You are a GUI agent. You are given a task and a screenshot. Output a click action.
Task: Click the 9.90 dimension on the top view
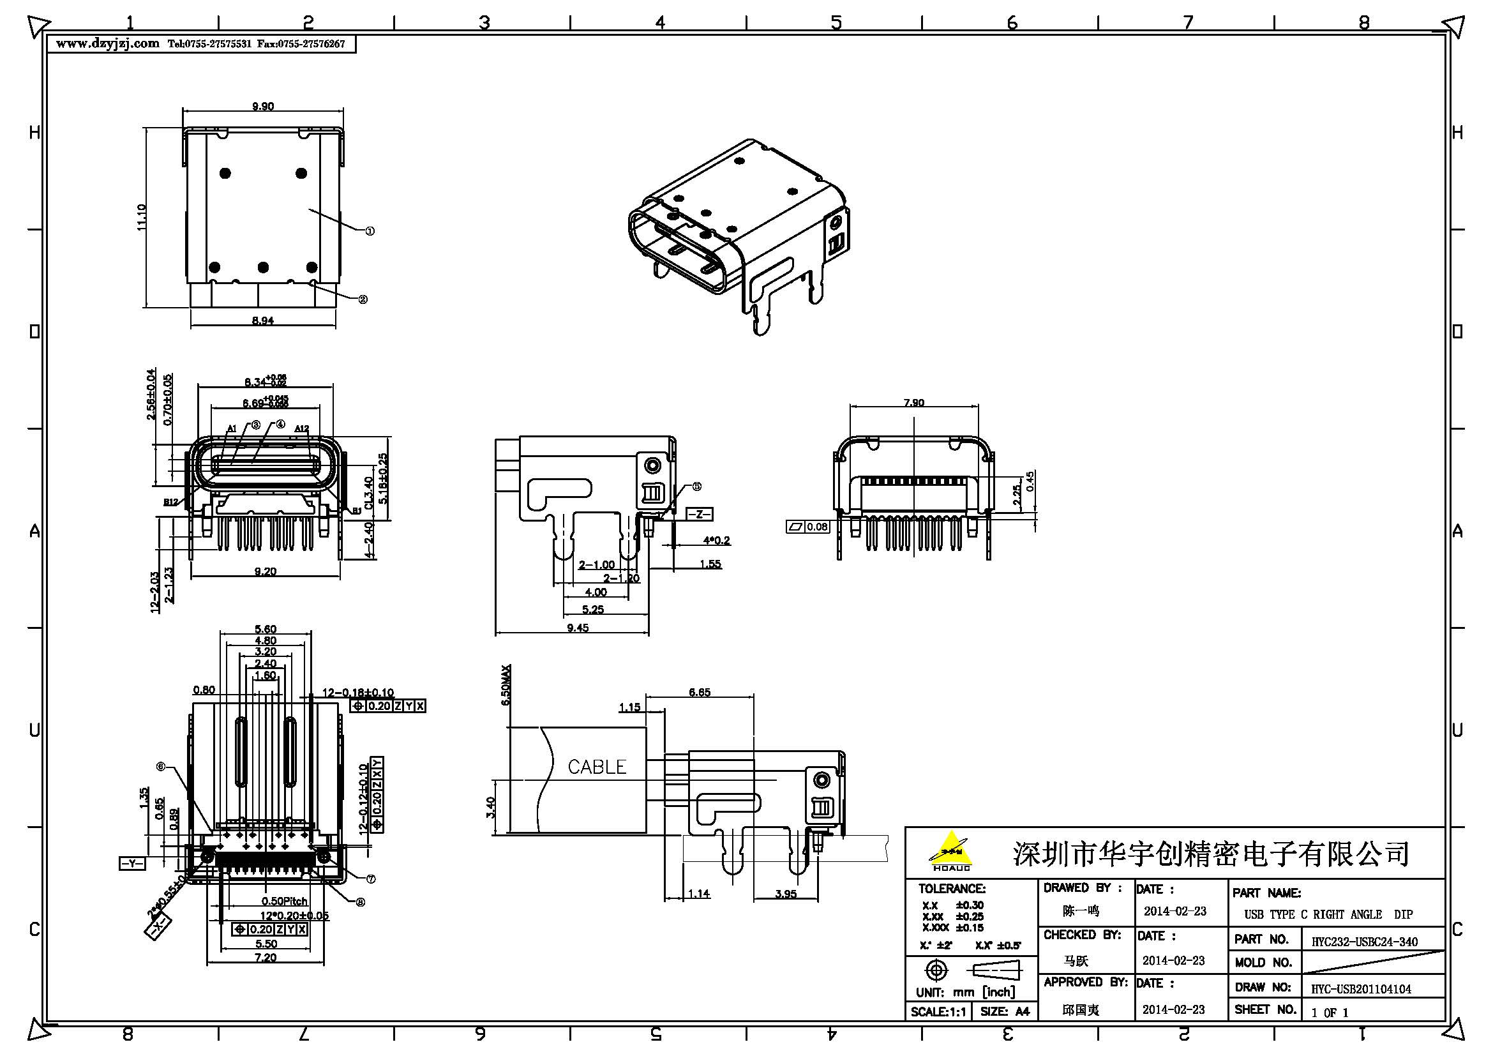[x=264, y=106]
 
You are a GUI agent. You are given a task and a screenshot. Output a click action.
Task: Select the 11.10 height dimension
[x=142, y=216]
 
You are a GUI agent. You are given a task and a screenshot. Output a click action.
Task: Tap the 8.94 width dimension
[x=263, y=320]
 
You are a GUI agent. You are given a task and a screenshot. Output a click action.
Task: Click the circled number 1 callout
[x=370, y=231]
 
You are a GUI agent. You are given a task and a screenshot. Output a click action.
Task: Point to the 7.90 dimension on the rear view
[x=913, y=402]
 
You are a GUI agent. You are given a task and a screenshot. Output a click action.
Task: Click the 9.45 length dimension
[x=578, y=628]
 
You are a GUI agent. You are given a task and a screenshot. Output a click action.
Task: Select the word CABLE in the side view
[x=596, y=767]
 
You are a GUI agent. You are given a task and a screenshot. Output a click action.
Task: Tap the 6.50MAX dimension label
[x=507, y=684]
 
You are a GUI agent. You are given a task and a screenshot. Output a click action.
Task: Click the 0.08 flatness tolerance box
[x=808, y=527]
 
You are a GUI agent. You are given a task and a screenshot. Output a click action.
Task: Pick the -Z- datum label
[x=699, y=515]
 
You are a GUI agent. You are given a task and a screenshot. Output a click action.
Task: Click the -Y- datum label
[x=132, y=863]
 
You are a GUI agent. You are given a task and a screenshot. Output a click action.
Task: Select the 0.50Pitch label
[x=284, y=901]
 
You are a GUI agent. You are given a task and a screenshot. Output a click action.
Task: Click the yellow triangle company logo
[x=951, y=849]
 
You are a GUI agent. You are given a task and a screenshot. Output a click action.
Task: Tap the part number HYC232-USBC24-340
[x=1364, y=941]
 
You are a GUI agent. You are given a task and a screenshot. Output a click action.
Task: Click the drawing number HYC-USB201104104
[x=1360, y=989]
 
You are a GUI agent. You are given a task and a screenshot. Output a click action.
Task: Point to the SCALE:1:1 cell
[x=938, y=1012]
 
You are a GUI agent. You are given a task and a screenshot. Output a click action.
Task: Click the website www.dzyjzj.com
[x=107, y=43]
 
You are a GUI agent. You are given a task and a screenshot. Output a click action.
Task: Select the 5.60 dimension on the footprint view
[x=266, y=629]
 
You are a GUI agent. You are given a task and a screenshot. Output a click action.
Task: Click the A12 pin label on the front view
[x=302, y=428]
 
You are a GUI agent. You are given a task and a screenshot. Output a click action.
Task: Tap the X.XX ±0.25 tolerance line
[x=952, y=916]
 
